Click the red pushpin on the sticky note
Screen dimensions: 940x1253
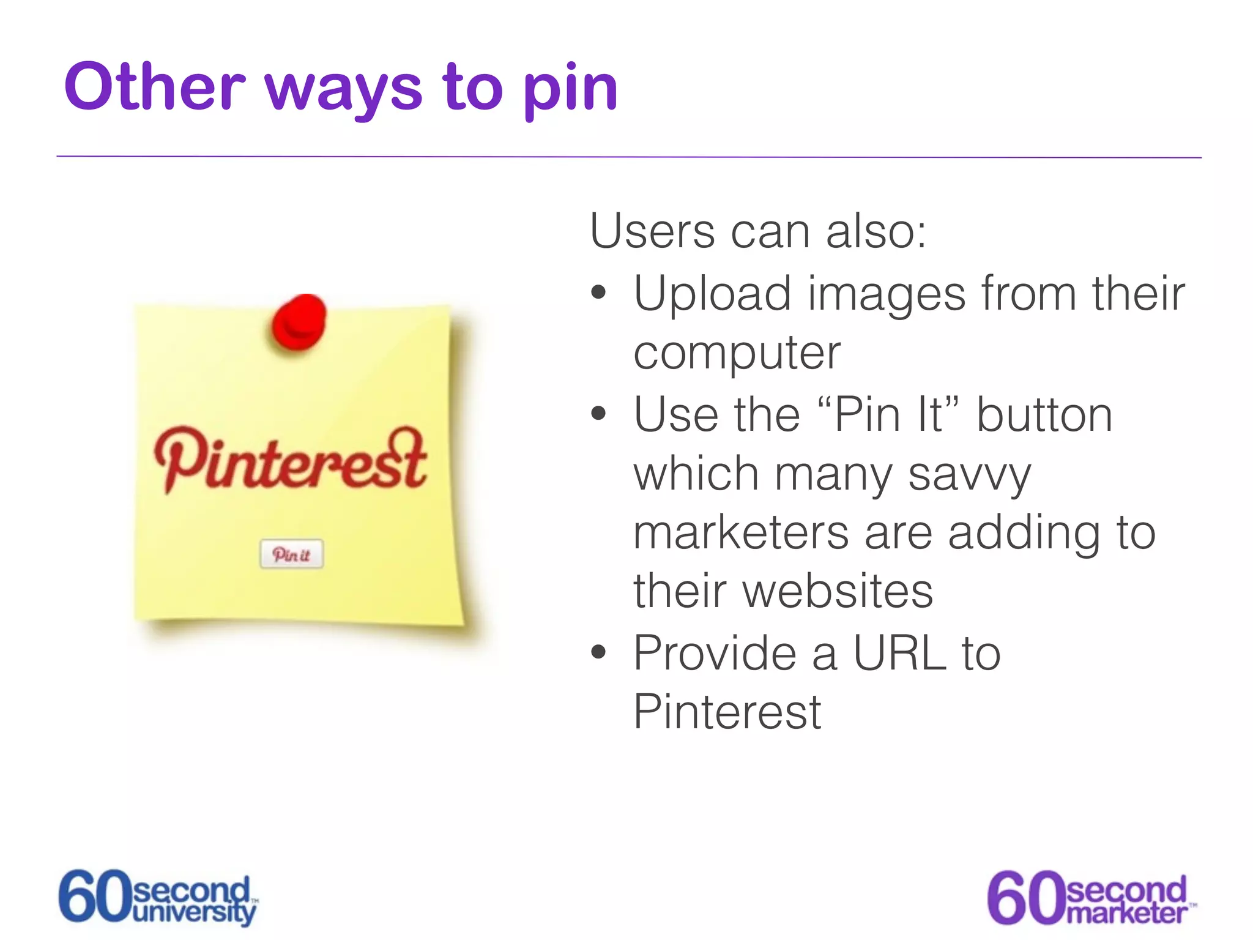point(299,323)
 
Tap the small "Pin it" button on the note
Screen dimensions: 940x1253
point(291,554)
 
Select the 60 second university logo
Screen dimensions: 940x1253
point(158,898)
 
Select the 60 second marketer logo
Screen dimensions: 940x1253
point(1091,898)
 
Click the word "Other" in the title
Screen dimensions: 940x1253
point(154,88)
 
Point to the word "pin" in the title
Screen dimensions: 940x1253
point(570,91)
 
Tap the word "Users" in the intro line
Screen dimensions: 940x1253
point(652,231)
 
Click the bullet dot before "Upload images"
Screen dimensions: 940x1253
point(598,293)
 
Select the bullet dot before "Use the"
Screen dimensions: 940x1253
point(598,414)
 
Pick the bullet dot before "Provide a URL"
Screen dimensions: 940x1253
point(598,652)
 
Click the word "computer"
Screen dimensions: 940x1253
point(737,354)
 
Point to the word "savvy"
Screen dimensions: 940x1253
point(969,475)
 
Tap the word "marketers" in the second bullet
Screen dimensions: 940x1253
point(740,532)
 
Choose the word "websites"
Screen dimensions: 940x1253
point(838,591)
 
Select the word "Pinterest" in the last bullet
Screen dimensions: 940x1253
point(727,712)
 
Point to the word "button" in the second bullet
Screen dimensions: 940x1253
point(1044,415)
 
